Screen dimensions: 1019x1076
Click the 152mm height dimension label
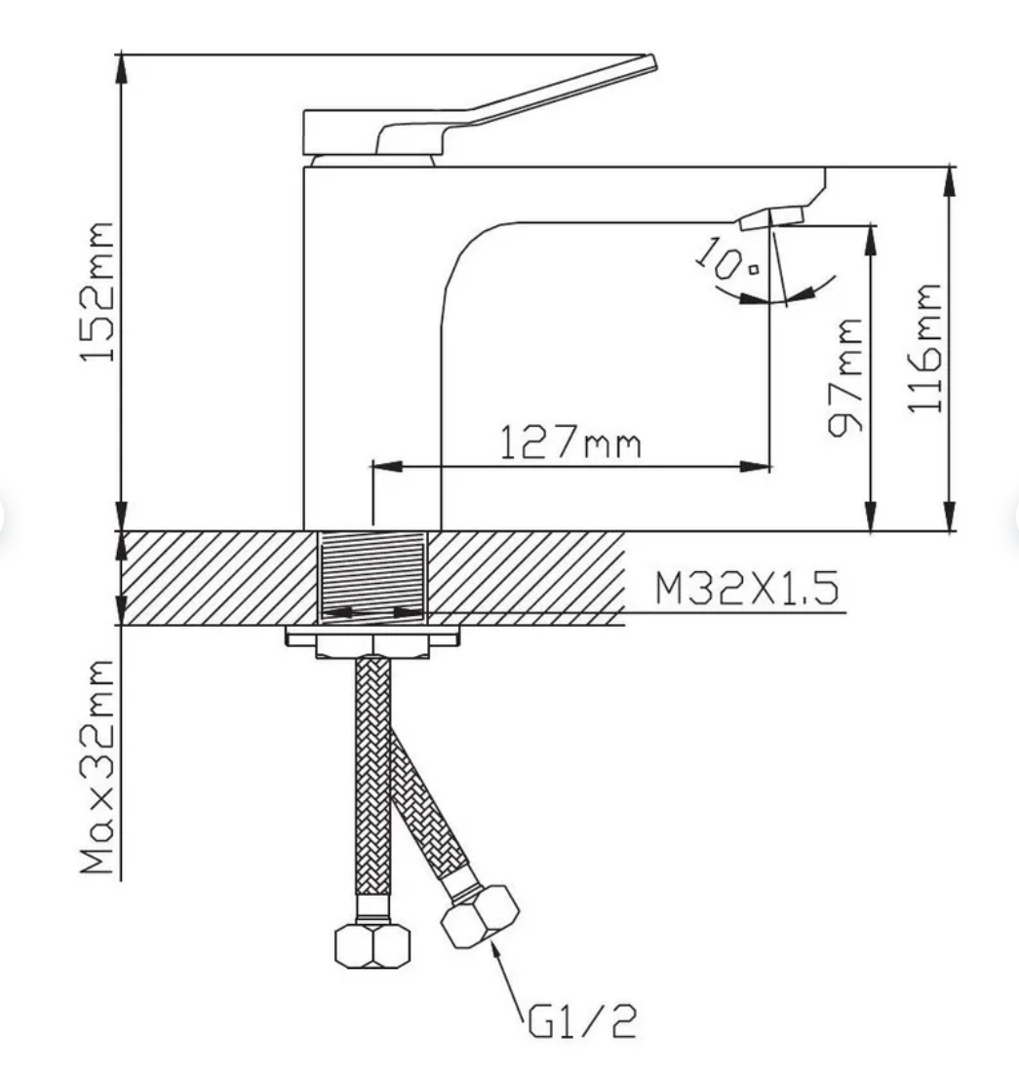click(97, 291)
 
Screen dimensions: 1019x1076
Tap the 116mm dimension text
click(923, 348)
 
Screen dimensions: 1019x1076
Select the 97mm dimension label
click(844, 377)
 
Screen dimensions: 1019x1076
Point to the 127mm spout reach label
click(569, 442)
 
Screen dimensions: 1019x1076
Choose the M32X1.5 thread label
click(747, 588)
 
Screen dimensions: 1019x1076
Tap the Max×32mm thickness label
click(97, 766)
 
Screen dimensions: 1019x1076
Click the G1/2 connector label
click(582, 1021)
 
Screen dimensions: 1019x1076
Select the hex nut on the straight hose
click(372, 945)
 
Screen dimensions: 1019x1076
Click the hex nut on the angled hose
click(480, 917)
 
